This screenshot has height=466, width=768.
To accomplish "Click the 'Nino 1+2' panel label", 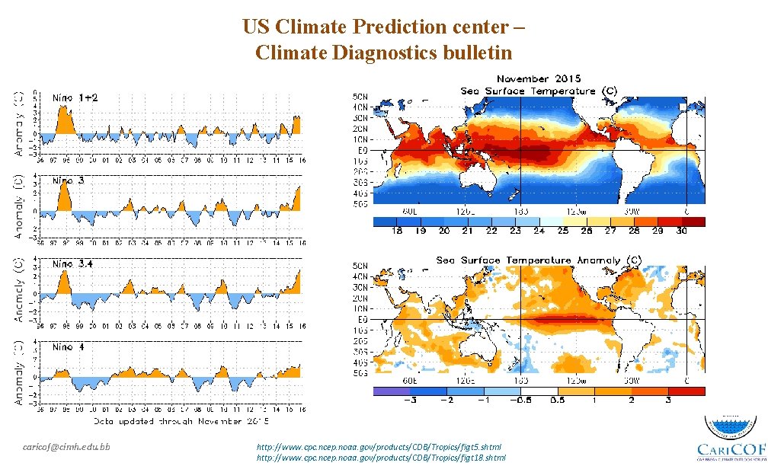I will [x=75, y=97].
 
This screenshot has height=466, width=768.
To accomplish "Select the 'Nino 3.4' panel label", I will [x=72, y=263].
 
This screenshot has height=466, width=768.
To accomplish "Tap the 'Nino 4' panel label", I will [x=69, y=347].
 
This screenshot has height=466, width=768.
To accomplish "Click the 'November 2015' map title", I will [x=539, y=79].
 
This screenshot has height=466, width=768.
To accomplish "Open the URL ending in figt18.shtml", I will [x=382, y=457].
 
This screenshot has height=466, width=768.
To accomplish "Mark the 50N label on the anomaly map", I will [x=360, y=265].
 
